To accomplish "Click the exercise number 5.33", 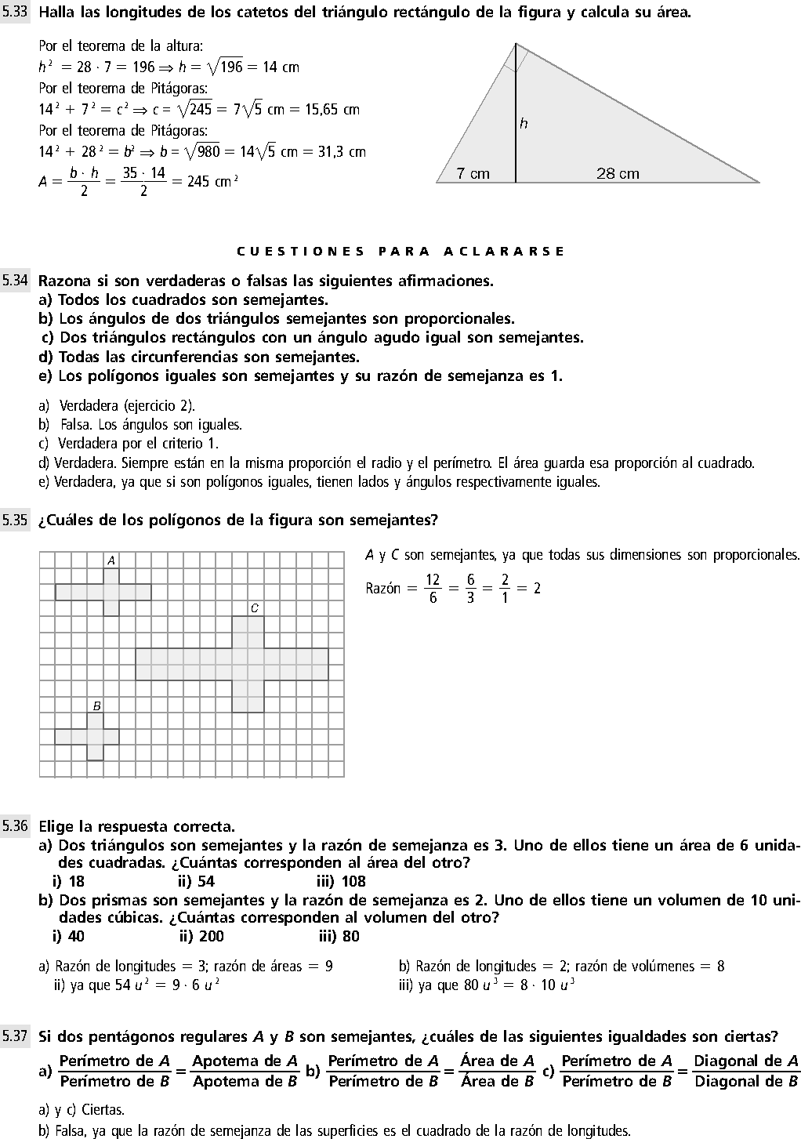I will coord(15,13).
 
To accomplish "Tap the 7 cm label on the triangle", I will coord(473,173).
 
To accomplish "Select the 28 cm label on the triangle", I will coord(618,173).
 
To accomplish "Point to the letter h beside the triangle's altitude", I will coord(524,123).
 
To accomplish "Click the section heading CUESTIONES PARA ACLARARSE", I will coord(400,252).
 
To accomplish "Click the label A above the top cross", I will coord(111,560).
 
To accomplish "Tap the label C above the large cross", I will coord(255,608).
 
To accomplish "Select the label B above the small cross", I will coord(96,706).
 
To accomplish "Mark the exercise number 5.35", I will coord(15,520).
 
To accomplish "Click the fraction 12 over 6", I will coord(433,589).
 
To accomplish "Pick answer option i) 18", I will coord(68,882).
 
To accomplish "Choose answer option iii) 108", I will coord(342,882).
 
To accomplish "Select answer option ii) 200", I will coord(201,936).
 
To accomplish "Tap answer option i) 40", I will coord(68,936).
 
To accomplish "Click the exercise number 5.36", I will coord(15,826).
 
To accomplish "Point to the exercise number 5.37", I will coord(15,1036).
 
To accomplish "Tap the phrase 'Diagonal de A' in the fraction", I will coord(745,1061).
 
